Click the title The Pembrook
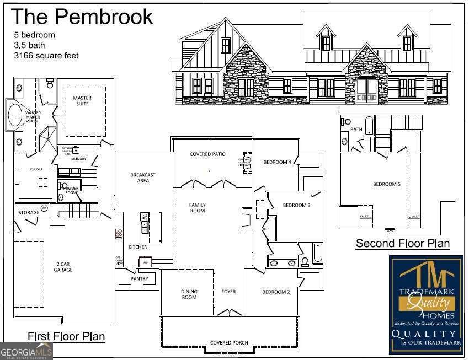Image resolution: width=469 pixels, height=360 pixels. point(82,17)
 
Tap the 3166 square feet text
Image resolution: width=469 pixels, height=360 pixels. point(46,56)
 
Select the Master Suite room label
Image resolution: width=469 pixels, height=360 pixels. point(82,101)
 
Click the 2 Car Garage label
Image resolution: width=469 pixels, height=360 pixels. point(63,267)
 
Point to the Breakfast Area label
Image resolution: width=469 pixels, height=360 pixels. point(142,178)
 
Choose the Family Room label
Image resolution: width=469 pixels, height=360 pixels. point(197,207)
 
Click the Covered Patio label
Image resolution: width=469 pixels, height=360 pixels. point(208,154)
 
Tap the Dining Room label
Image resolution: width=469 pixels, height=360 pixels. point(189,294)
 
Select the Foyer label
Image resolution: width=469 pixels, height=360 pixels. point(228,292)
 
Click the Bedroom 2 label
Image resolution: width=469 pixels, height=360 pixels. point(276,292)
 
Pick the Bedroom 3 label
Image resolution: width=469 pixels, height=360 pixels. point(297,206)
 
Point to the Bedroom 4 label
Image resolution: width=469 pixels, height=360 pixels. point(277,162)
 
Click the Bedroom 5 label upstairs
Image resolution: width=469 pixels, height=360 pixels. point(386,184)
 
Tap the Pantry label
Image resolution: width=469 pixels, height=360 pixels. point(140,280)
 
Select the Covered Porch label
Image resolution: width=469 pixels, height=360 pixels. point(228,343)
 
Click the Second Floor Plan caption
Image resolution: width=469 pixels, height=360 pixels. point(402,243)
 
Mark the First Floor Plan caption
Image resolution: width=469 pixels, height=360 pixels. point(66,336)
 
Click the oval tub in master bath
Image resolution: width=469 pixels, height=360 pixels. point(15,115)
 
